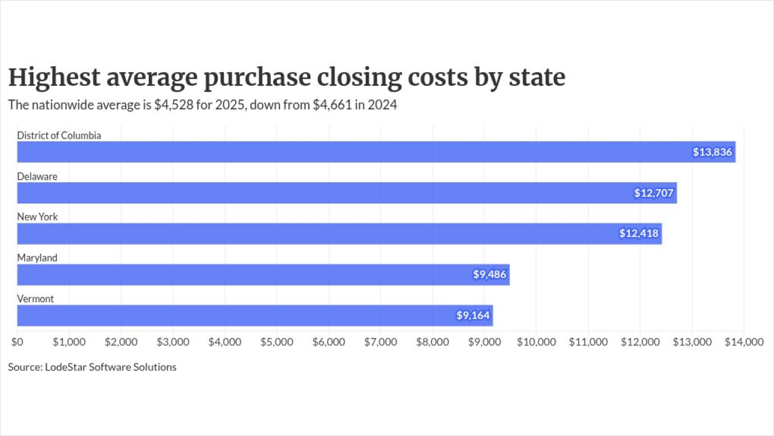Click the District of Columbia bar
click(376, 152)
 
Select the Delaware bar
click(347, 193)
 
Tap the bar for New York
click(340, 234)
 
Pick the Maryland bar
click(263, 274)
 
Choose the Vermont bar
click(255, 315)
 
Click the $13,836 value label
click(712, 152)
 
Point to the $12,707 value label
click(654, 193)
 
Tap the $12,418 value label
click(639, 234)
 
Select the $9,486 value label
click(489, 274)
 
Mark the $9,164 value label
click(473, 315)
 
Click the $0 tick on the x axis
click(18, 342)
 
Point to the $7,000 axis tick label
click(380, 342)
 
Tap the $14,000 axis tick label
click(744, 342)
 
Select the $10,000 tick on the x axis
click(536, 342)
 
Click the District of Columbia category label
click(59, 135)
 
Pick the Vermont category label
click(36, 299)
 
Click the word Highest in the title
click(54, 78)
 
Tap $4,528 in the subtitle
click(174, 105)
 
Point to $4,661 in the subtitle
click(333, 105)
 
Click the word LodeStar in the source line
click(66, 367)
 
